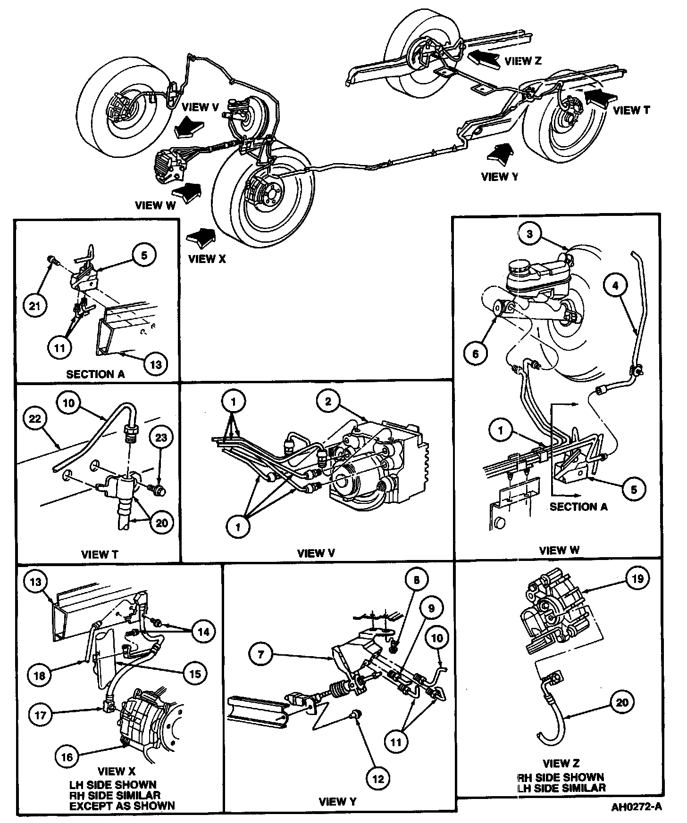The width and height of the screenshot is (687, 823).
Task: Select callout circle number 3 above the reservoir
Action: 530,234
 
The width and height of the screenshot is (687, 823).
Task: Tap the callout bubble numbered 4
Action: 615,285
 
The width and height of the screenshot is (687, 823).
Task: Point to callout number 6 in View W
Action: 475,354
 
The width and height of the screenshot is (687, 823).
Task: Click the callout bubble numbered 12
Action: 378,779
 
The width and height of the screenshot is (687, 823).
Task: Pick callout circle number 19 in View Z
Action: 637,578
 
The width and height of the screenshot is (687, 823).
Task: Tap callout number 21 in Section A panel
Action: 34,306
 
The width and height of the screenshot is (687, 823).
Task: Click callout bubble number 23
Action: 161,437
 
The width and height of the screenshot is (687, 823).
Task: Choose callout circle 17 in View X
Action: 41,715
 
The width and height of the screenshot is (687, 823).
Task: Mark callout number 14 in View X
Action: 203,631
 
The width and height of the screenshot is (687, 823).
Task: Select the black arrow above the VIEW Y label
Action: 499,154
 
